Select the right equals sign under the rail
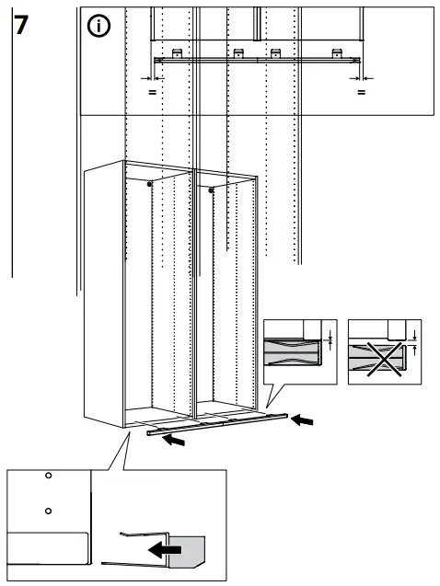(x=361, y=92)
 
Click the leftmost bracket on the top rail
(x=176, y=52)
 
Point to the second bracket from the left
(x=237, y=52)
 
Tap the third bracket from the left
(x=274, y=52)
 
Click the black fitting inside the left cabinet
(x=150, y=185)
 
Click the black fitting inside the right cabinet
(x=212, y=190)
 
